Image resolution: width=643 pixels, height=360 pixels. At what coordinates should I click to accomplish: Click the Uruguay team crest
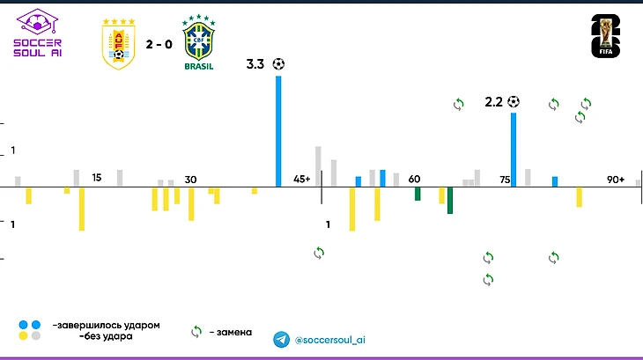click(118, 42)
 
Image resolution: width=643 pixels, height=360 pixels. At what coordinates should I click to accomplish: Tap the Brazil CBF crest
click(197, 39)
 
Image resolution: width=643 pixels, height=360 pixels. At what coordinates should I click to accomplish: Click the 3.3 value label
click(255, 64)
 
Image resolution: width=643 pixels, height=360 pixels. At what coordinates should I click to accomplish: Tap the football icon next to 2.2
click(514, 102)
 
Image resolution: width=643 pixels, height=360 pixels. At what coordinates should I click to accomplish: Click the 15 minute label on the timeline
click(97, 179)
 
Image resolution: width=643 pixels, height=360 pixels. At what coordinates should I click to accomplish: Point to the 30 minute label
click(190, 180)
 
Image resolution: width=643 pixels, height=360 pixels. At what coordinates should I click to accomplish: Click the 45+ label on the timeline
click(302, 180)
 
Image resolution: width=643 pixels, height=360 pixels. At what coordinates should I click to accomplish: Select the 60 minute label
click(414, 180)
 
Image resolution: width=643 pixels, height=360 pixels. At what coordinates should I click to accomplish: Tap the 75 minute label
click(505, 180)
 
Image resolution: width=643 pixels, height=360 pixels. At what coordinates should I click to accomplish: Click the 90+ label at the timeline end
click(616, 180)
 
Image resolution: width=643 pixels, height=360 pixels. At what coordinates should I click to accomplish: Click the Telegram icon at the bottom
click(281, 339)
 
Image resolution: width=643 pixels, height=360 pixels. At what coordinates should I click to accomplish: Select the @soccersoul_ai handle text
click(329, 340)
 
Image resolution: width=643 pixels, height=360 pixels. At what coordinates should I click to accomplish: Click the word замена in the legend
click(233, 333)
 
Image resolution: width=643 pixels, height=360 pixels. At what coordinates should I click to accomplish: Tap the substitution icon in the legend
click(197, 332)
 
